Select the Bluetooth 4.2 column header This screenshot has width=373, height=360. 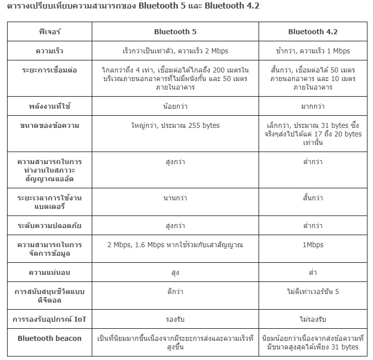click(313, 32)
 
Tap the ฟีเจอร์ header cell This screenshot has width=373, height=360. click(49, 32)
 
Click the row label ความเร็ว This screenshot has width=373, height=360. click(49, 51)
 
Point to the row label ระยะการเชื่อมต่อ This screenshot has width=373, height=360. click(49, 70)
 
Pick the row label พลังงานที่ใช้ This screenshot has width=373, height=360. click(49, 106)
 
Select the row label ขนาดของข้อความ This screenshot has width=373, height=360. click(49, 125)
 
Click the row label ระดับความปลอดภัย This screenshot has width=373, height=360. click(49, 226)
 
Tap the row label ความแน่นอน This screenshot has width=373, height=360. click(49, 272)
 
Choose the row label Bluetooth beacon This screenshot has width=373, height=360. click(49, 338)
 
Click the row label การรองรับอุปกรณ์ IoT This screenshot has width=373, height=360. click(49, 319)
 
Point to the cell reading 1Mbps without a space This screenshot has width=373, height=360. click(313, 245)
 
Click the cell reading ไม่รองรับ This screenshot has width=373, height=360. click(313, 319)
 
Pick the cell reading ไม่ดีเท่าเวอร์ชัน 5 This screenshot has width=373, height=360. click(313, 292)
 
